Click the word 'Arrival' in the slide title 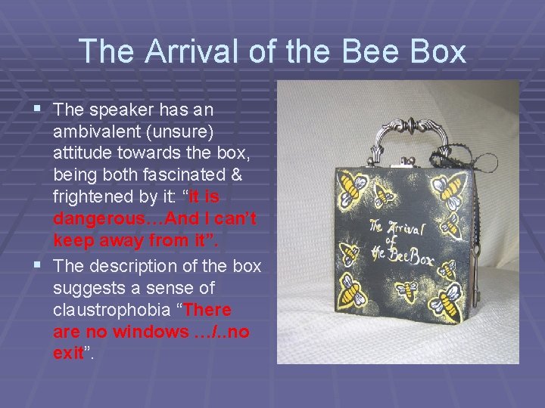point(172,51)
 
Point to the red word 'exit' point(68,354)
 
